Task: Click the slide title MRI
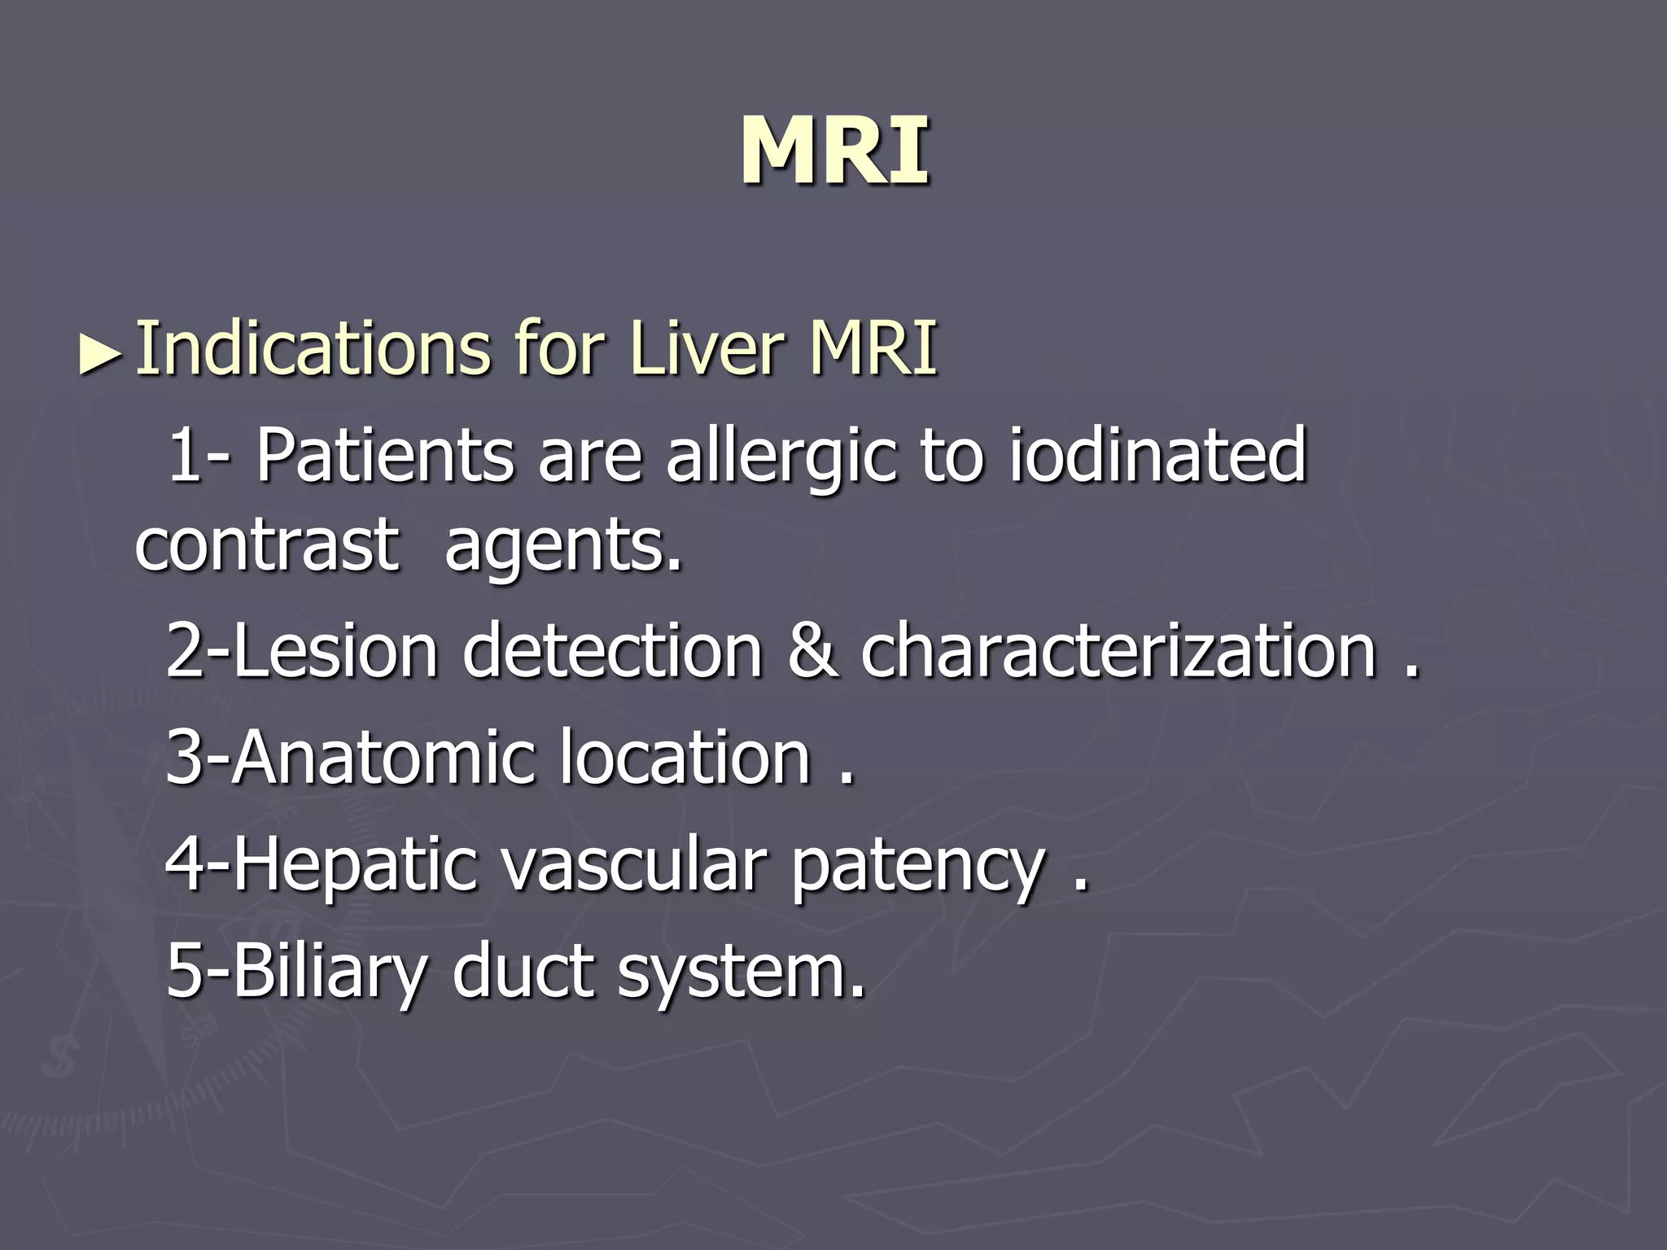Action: click(834, 152)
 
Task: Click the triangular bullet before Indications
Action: click(101, 356)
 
